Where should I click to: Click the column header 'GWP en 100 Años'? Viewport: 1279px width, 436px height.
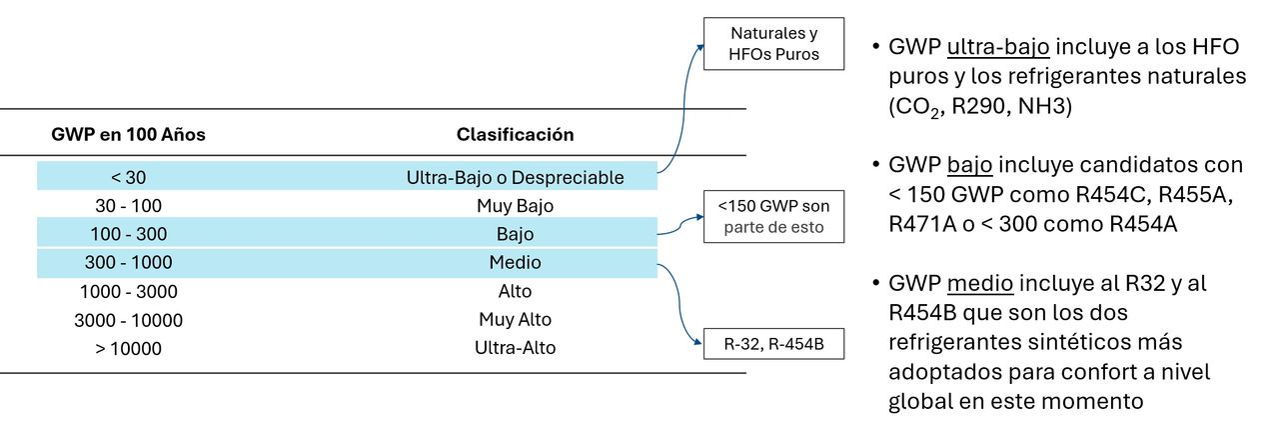click(x=128, y=134)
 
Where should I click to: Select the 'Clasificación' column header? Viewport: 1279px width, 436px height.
click(x=515, y=134)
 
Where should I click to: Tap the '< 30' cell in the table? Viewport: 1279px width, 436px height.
click(x=128, y=177)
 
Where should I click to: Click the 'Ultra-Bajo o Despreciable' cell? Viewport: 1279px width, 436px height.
click(x=515, y=177)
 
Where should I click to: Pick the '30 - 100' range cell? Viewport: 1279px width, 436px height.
click(x=128, y=206)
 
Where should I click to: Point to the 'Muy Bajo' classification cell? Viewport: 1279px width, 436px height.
click(x=515, y=206)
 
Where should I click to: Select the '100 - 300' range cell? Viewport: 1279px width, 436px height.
click(x=128, y=234)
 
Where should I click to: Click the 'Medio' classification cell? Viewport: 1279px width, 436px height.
click(x=515, y=263)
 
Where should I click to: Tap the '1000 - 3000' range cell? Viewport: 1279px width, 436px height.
click(x=128, y=291)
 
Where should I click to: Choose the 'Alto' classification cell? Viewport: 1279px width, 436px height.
click(x=515, y=291)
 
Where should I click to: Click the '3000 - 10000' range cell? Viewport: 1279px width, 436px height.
click(x=128, y=320)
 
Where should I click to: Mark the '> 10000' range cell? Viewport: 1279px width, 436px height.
click(x=128, y=348)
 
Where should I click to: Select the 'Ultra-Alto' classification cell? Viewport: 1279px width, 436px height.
click(x=515, y=348)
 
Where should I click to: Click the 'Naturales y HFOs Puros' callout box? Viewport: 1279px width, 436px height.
click(x=773, y=44)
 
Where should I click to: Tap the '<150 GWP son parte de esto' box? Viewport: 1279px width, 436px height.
click(x=773, y=217)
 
